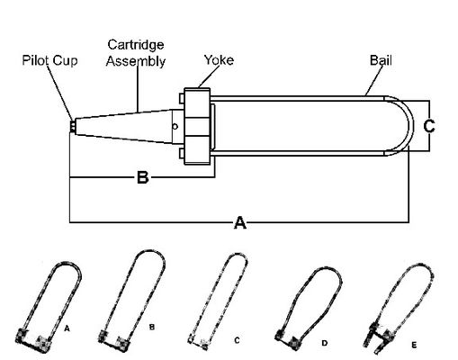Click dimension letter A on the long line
pos(239,223)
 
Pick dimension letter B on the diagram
pos(141,178)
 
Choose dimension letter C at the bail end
pos(429,127)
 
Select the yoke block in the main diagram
pos(199,125)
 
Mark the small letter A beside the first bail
pos(67,330)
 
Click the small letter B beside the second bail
pos(152,327)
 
